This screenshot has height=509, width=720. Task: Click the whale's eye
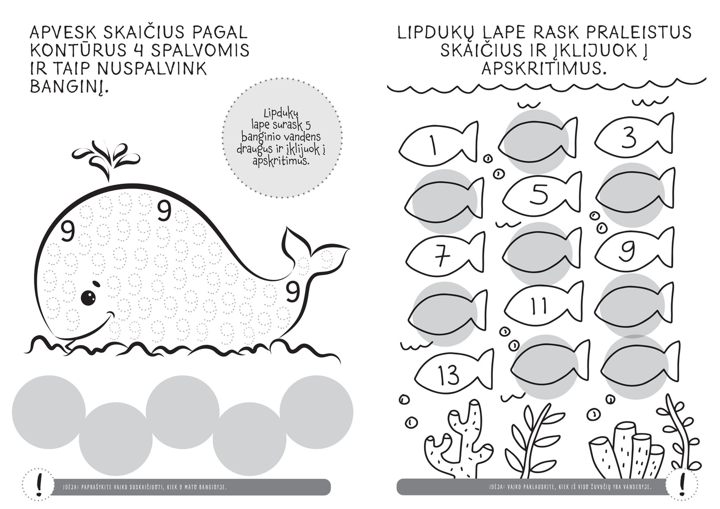click(x=88, y=297)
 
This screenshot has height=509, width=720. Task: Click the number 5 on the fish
click(x=539, y=194)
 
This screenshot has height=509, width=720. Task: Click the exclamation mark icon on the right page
click(x=682, y=485)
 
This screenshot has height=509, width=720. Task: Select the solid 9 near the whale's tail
click(x=292, y=291)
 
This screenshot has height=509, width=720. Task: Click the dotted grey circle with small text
click(x=282, y=137)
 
